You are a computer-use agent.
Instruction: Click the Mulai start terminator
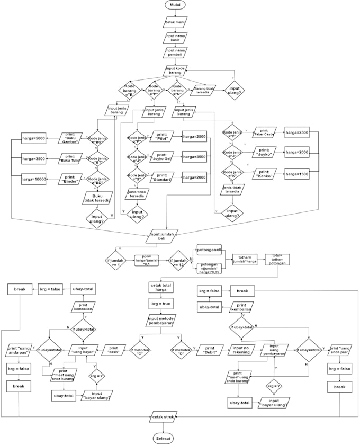point(175,5)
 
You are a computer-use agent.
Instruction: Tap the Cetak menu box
point(175,22)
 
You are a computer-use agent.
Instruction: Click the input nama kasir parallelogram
point(175,38)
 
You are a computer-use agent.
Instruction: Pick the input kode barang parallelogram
point(175,70)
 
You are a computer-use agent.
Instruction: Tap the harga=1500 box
point(297,174)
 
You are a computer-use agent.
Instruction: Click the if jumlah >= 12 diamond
point(179,261)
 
